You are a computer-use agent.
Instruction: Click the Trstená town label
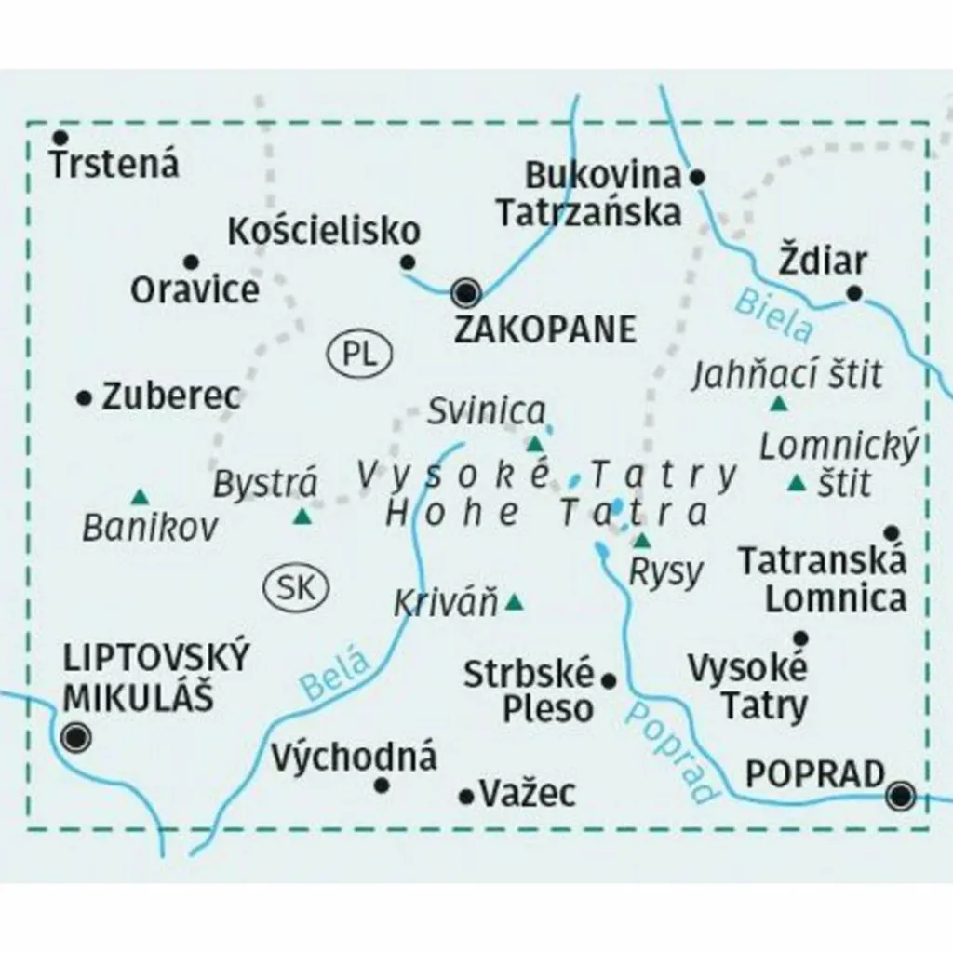coord(114,165)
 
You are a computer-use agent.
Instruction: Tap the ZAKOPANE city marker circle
coord(465,294)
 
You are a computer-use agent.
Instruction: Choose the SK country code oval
coord(297,587)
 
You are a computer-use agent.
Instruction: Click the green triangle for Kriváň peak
coord(514,604)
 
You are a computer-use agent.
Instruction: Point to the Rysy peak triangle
coord(643,540)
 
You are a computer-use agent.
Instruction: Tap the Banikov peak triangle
coord(140,496)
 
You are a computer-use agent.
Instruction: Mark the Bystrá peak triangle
coord(302,517)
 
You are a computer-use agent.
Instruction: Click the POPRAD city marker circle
coord(900,796)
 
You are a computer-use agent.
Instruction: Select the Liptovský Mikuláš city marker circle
coord(74,738)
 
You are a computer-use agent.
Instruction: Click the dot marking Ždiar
coord(854,295)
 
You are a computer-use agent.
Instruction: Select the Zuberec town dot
coord(85,398)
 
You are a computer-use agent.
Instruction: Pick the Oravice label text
coord(195,289)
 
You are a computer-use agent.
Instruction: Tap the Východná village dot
coord(381,785)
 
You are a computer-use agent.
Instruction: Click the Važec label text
coord(528,793)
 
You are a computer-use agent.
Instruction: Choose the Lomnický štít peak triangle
coord(797,483)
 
